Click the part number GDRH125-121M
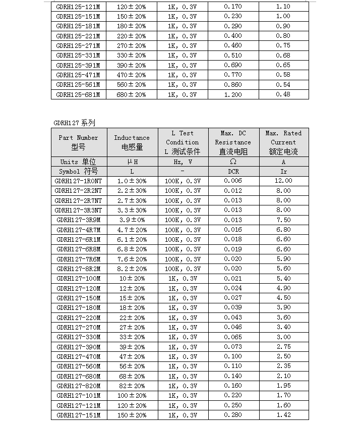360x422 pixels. pyautogui.click(x=78, y=7)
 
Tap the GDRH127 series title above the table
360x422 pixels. pyautogui.click(x=74, y=123)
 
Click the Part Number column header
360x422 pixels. pyautogui.click(x=78, y=142)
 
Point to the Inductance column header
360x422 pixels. pyautogui.click(x=132, y=142)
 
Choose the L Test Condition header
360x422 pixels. pyautogui.click(x=182, y=142)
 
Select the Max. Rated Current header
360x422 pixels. pyautogui.click(x=283, y=142)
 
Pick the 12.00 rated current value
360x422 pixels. pyautogui.click(x=283, y=181)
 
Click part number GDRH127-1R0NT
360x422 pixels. pyautogui.click(x=78, y=181)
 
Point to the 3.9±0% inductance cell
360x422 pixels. pyautogui.click(x=132, y=220)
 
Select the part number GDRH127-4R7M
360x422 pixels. pyautogui.click(x=78, y=230)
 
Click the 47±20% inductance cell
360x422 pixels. pyautogui.click(x=132, y=357)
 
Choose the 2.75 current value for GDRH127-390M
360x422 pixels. pyautogui.click(x=283, y=347)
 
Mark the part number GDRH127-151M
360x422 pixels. pyautogui.click(x=78, y=415)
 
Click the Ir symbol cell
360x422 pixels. pyautogui.click(x=283, y=171)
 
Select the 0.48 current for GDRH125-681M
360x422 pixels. pyautogui.click(x=283, y=94)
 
